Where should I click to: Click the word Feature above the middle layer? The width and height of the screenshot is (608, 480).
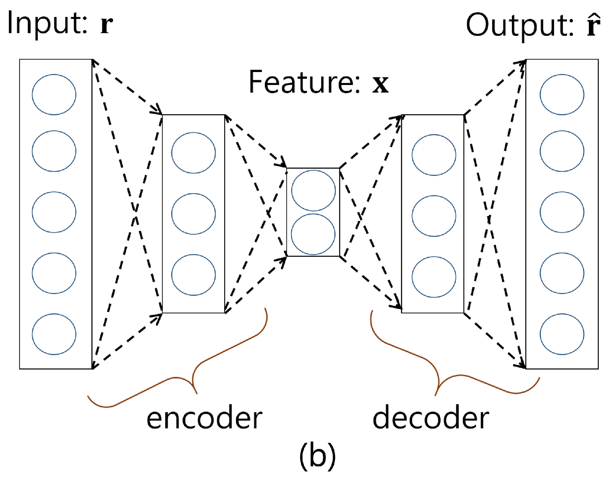(304, 82)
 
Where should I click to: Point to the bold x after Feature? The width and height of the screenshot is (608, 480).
(380, 84)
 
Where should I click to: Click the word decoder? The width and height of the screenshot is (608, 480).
(431, 418)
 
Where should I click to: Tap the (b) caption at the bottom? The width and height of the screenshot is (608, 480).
(317, 456)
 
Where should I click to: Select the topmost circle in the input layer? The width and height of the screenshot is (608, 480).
(54, 95)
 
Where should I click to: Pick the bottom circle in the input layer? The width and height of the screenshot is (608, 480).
(54, 334)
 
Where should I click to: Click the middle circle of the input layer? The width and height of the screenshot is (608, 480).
(54, 212)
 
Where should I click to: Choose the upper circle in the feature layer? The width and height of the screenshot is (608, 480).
(313, 191)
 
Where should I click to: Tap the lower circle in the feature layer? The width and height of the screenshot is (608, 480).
(313, 234)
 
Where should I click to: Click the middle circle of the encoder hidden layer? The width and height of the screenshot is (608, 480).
(193, 214)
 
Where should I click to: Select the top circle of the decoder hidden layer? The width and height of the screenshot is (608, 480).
(434, 155)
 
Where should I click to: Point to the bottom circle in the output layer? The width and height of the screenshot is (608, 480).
(562, 334)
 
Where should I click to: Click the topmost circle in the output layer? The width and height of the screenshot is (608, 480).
(562, 95)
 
